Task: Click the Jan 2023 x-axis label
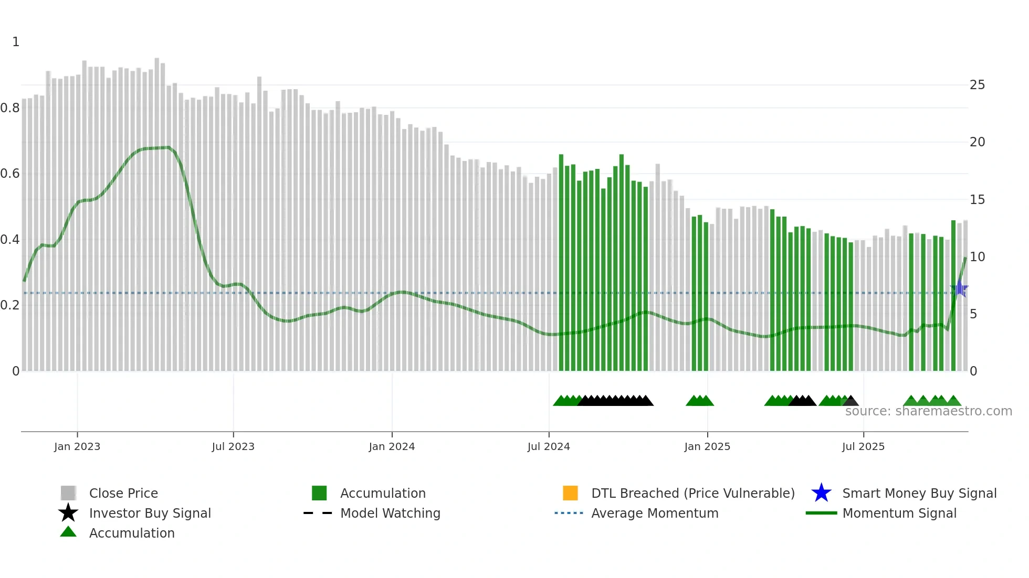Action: point(77,446)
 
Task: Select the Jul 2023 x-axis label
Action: point(233,446)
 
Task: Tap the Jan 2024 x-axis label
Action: point(392,446)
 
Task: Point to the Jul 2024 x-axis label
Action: point(549,446)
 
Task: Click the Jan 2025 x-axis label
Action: point(707,446)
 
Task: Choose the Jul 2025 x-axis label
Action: point(863,446)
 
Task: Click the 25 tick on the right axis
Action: point(977,85)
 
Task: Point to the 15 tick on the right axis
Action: point(977,200)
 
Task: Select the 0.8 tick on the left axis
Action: point(10,108)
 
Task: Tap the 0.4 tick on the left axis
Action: point(10,240)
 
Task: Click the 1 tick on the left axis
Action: point(16,42)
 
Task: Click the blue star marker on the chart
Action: point(959,289)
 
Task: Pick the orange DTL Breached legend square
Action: point(570,493)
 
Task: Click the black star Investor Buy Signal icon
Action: point(68,513)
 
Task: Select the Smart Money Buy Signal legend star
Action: point(821,493)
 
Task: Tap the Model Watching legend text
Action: point(390,513)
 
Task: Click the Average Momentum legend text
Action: point(655,513)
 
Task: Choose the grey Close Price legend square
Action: point(68,493)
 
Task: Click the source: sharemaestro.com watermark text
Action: point(928,411)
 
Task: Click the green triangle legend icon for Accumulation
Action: point(68,532)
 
